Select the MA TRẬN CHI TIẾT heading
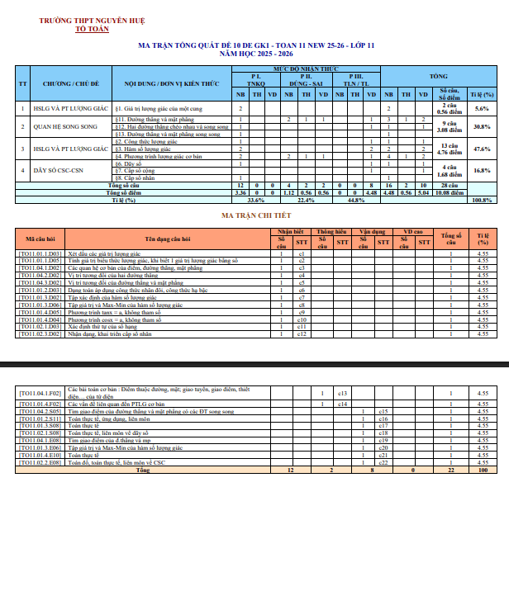[x=254, y=215]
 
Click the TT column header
[x=23, y=84]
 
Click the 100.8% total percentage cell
[x=482, y=200]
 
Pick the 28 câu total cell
[x=449, y=186]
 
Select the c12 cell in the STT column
[x=302, y=334]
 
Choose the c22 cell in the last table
[x=383, y=462]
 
